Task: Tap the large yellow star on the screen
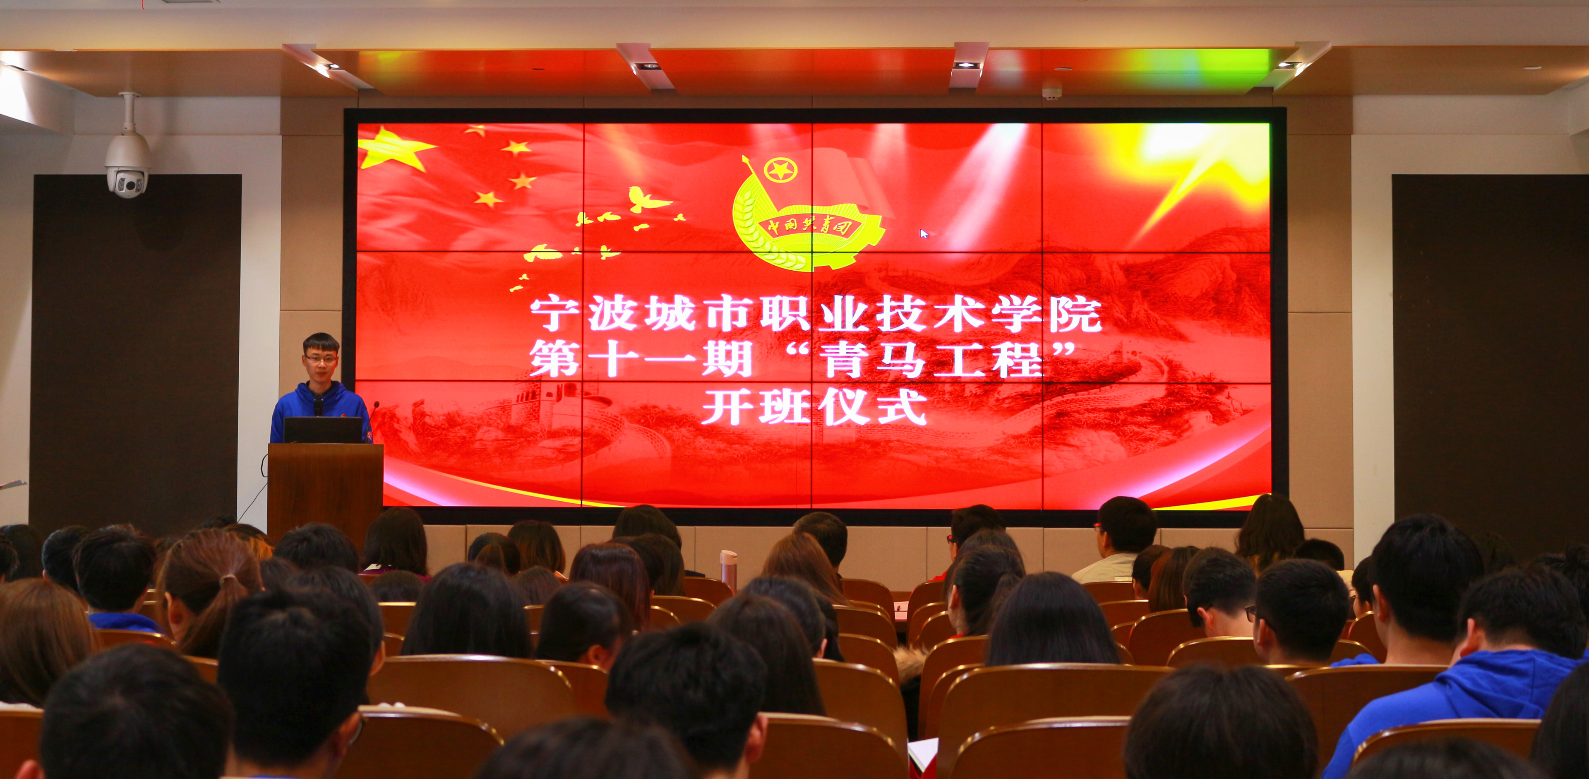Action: [393, 149]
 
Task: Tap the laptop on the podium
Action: [323, 430]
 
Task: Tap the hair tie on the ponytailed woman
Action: [228, 580]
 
